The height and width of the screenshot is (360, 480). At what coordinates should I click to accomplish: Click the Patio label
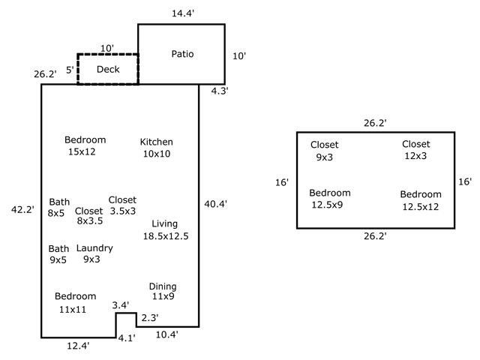pos(182,54)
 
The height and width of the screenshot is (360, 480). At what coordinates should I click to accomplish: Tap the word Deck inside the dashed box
pos(108,70)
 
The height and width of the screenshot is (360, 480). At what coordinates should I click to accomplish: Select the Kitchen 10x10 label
pos(157,148)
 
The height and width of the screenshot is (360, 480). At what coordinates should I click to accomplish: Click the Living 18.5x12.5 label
pos(165,229)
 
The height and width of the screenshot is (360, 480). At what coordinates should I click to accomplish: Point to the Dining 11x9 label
pos(163,292)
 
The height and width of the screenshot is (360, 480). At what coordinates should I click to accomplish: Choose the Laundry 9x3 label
pos(94,253)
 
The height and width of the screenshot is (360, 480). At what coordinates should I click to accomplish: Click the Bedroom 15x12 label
pos(85,145)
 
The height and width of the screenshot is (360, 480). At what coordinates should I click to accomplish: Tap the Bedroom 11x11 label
pos(75,302)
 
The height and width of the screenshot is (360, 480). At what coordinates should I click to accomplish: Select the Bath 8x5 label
pos(59,208)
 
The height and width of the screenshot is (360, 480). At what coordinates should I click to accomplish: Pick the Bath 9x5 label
pos(59,254)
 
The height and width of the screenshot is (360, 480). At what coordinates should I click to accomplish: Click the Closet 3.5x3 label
pos(122,205)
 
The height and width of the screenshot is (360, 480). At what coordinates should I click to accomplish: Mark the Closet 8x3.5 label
pos(89,216)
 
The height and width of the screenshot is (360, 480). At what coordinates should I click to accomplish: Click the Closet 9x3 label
pos(325,151)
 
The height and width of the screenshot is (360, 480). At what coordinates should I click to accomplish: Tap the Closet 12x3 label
pos(415,150)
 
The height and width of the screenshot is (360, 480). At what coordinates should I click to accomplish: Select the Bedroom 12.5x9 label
pos(330,199)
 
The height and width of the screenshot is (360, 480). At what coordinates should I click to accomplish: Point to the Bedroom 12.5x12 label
pos(420,200)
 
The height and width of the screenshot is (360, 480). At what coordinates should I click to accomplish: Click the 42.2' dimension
pos(22,210)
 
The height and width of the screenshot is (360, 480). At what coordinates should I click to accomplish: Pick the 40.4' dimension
pos(215,203)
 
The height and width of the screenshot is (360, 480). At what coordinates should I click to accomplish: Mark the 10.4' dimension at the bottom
pos(166,334)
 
